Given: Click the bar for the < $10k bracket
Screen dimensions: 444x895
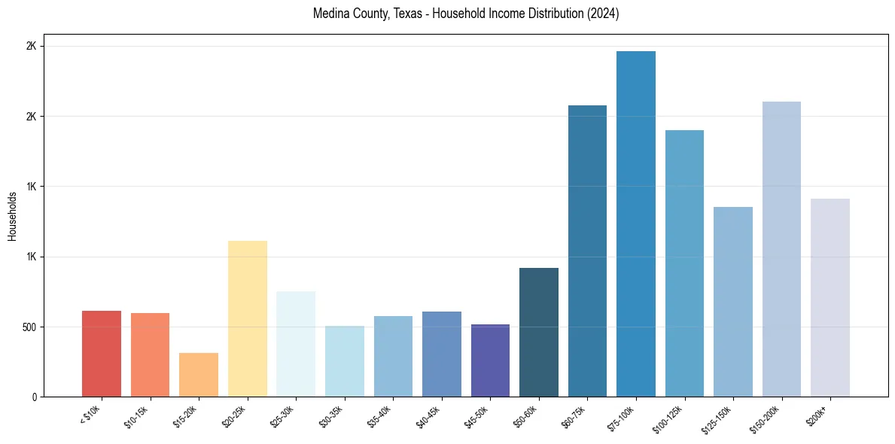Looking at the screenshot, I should [102, 354].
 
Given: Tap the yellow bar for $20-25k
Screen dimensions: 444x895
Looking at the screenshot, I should [248, 319].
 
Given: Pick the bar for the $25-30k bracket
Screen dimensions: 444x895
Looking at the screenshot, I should [296, 344].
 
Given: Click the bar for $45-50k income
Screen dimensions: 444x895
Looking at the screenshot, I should [490, 360].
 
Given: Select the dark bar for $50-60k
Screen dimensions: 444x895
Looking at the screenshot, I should [539, 333].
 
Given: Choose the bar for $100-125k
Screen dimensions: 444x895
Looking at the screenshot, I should [684, 263].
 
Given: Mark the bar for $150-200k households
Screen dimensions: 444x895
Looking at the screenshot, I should [781, 249].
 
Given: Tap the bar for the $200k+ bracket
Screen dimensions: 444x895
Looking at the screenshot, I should [830, 298].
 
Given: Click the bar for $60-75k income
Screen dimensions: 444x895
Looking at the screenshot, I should [587, 251].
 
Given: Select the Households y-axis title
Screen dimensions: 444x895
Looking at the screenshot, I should [12, 216].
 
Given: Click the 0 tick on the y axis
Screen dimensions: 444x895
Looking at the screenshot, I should [34, 397].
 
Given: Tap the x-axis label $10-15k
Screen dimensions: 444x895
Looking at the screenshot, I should [135, 416].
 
